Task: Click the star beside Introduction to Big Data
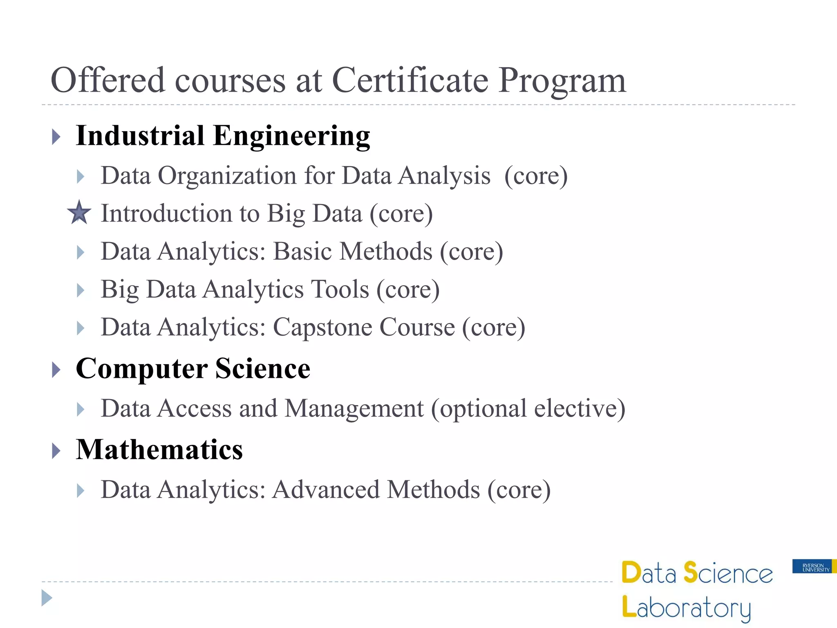79,213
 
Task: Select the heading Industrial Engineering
223,136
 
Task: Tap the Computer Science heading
193,369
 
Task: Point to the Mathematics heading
159,450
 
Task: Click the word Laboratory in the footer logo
687,608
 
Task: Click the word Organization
227,176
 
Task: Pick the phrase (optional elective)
528,408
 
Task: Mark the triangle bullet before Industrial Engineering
56,137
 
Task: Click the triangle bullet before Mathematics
56,451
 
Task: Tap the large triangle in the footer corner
47,598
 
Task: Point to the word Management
354,408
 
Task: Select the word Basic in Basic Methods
302,251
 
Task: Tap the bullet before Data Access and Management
81,409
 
